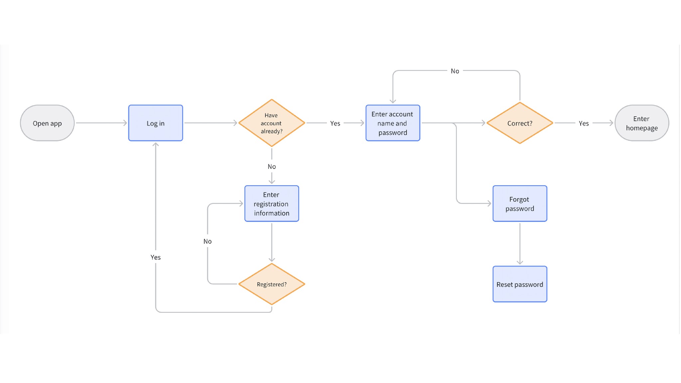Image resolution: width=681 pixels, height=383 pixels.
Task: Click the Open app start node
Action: pos(47,123)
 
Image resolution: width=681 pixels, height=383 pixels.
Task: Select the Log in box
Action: pos(156,123)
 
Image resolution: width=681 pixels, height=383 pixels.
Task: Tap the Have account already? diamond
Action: pos(271,123)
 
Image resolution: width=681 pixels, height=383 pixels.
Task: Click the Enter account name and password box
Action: pos(393,123)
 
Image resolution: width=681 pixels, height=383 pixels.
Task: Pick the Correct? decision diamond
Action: pos(520,123)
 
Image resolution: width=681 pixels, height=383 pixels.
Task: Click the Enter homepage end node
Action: pos(642,123)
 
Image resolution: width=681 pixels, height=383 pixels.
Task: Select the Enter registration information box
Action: pos(272,203)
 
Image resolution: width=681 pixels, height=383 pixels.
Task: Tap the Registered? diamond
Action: pos(272,284)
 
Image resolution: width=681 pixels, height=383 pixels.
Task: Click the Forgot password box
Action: pos(520,203)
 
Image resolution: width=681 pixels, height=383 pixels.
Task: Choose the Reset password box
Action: pos(520,284)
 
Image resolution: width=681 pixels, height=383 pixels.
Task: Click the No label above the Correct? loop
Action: pos(455,71)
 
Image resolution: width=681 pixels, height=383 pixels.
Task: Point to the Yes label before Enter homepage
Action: pos(584,123)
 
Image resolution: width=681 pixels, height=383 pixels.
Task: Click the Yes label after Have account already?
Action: pos(335,123)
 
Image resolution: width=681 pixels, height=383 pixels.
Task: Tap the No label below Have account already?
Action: pos(272,167)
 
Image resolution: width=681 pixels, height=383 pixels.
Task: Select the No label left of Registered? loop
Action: pos(207,241)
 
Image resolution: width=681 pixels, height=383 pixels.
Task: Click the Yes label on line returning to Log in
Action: pos(156,257)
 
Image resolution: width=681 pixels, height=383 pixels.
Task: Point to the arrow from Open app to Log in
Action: pos(101,123)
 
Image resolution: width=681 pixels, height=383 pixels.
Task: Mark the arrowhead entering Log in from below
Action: pos(156,144)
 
